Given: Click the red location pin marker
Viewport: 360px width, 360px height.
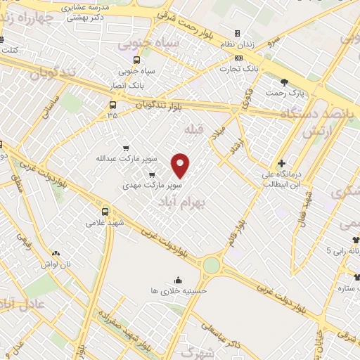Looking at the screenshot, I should (x=181, y=165).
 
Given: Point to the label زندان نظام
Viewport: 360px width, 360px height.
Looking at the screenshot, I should (x=237, y=45).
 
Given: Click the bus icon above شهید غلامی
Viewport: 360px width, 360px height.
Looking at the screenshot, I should (x=105, y=211).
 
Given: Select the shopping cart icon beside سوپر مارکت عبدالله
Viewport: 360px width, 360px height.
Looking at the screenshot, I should (x=126, y=148).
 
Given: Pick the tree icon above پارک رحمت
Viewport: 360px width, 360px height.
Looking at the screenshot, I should (x=285, y=82).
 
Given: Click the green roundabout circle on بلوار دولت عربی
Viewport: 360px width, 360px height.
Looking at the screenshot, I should (x=211, y=265).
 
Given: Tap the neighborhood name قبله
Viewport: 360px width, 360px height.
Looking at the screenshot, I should (x=193, y=129).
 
